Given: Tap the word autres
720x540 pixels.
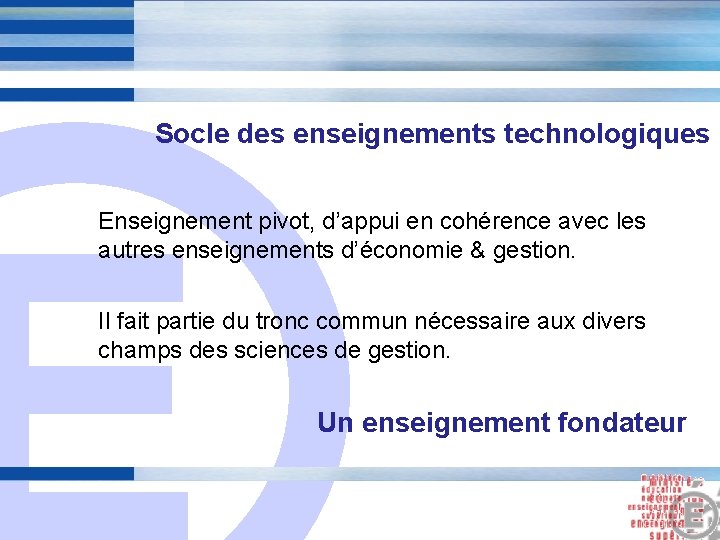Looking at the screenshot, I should click(x=128, y=249).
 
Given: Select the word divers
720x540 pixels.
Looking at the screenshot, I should click(x=618, y=322).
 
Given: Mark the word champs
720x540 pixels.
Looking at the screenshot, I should click(x=131, y=351).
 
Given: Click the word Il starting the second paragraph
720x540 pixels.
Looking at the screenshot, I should click(x=103, y=322).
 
